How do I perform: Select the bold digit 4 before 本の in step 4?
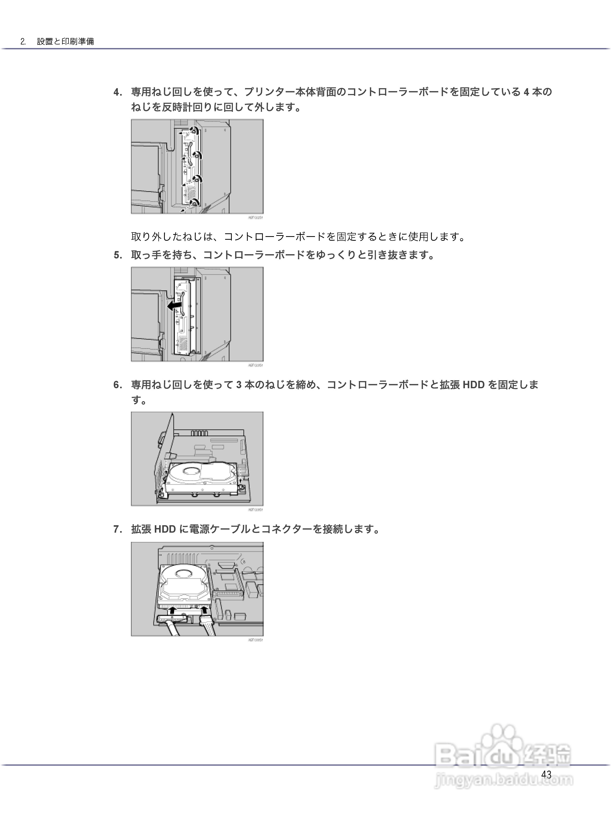526,92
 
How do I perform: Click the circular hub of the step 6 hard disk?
192,470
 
